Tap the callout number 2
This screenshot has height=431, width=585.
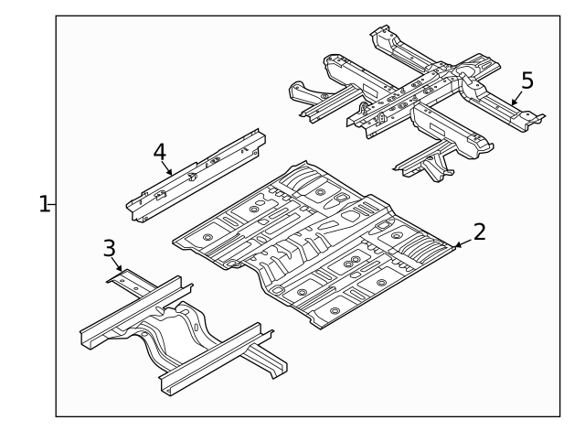(x=478, y=232)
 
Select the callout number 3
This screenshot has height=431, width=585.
(x=109, y=247)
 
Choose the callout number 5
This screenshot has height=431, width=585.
(x=526, y=80)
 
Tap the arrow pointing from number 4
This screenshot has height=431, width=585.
(x=167, y=169)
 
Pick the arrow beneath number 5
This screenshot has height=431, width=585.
(x=516, y=96)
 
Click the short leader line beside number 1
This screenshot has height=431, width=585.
(x=54, y=204)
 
